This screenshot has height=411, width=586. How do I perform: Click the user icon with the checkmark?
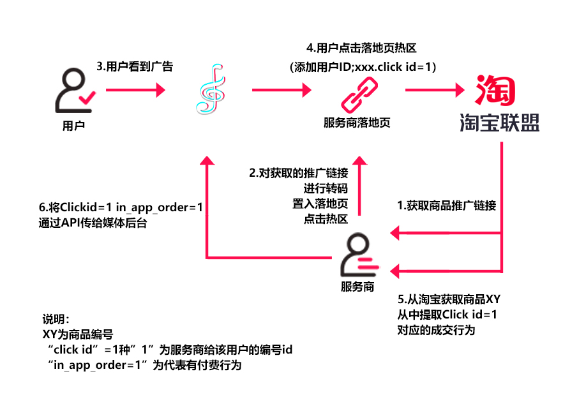(73, 92)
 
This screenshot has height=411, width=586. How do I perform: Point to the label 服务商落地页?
(357, 123)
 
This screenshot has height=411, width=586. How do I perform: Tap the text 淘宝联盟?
(500, 123)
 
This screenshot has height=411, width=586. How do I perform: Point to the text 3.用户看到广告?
(135, 66)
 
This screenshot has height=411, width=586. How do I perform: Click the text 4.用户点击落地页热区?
(362, 48)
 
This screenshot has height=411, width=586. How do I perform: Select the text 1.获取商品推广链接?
(446, 205)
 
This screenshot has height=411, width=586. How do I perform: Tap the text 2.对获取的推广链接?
(298, 173)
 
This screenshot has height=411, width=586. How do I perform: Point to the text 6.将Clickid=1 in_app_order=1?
(121, 208)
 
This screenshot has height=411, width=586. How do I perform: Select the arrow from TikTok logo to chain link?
(281, 91)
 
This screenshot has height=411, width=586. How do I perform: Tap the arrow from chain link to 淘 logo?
(433, 91)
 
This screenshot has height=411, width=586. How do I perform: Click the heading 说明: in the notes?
(55, 320)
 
